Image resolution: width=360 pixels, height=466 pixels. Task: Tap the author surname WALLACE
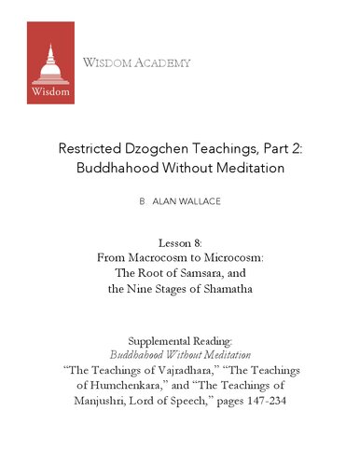pyautogui.click(x=217, y=198)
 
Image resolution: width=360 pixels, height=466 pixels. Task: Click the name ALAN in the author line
pyautogui.click(x=173, y=198)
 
